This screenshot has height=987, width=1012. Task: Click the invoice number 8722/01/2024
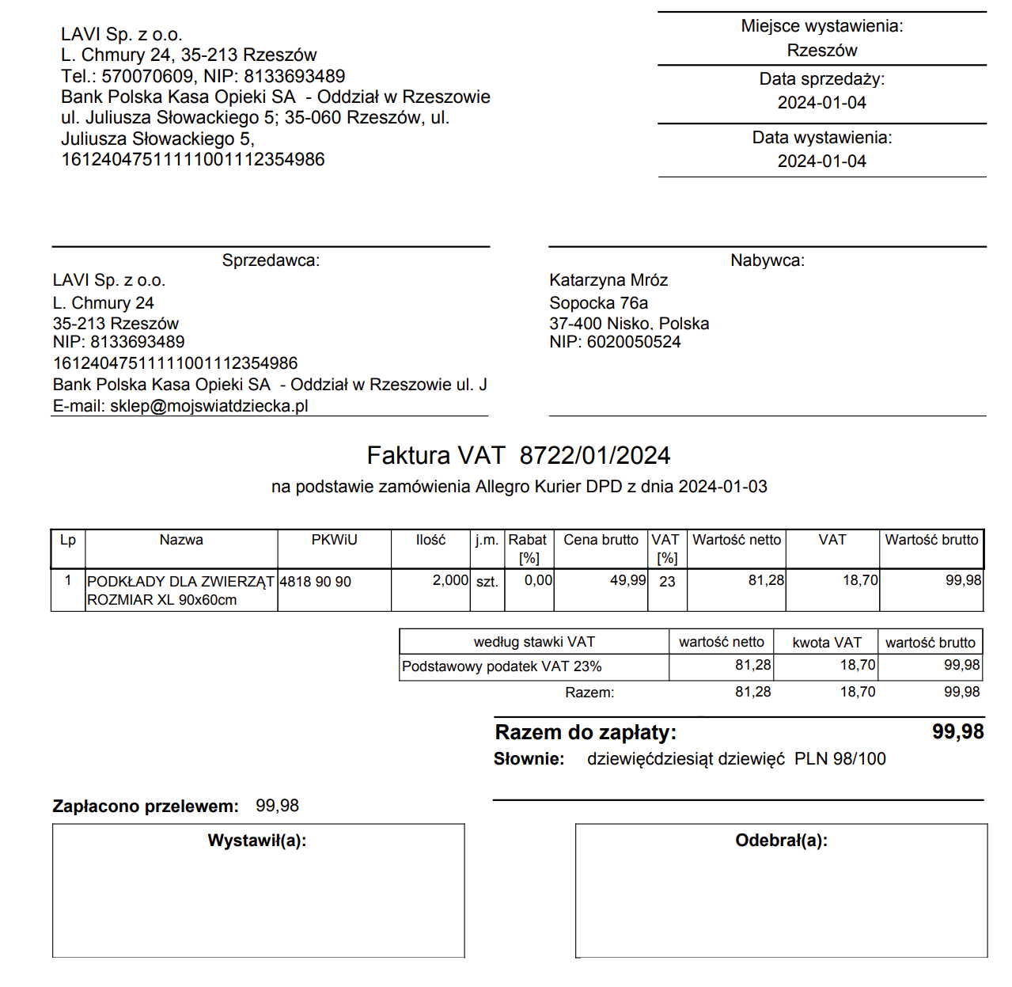(x=594, y=456)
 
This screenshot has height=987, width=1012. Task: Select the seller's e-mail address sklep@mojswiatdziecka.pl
(x=209, y=406)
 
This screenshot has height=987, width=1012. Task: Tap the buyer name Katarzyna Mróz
(x=608, y=280)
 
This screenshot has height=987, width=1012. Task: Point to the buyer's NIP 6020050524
(x=633, y=342)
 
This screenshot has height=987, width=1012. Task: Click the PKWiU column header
(x=334, y=540)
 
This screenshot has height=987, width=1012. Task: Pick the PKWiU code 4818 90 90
(x=315, y=582)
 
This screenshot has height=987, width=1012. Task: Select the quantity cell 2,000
(x=450, y=580)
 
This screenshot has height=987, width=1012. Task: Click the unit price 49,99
(x=627, y=580)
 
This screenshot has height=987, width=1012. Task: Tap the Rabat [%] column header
(x=528, y=549)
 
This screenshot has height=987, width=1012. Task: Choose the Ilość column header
(x=430, y=540)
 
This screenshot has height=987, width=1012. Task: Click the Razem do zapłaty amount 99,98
(x=957, y=731)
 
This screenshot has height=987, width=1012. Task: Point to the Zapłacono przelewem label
(x=146, y=807)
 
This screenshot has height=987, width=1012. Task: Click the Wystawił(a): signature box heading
(x=256, y=841)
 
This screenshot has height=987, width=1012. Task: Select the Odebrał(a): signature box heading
(x=781, y=841)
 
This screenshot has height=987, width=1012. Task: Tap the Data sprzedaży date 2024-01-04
(x=821, y=103)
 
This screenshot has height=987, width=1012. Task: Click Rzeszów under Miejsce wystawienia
(x=821, y=51)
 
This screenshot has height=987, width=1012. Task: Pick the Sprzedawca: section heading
(x=271, y=260)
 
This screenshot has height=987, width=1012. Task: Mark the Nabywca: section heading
(x=767, y=260)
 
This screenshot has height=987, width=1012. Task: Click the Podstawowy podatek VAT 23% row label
(x=502, y=666)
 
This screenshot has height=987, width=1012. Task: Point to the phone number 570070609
(x=147, y=76)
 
